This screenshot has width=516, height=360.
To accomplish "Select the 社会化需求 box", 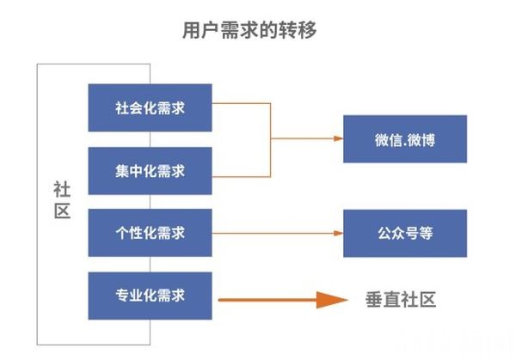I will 150,107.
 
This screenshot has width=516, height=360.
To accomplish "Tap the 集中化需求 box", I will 150,170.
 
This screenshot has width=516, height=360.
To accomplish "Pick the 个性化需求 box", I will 150,233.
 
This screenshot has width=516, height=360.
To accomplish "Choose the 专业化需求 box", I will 150,296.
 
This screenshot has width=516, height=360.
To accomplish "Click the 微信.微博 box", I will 404,138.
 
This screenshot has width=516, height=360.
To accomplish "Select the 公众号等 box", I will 404,233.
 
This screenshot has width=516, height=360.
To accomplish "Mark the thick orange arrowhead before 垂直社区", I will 329,300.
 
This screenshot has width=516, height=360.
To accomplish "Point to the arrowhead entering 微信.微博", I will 336,138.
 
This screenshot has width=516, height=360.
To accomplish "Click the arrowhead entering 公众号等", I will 336,233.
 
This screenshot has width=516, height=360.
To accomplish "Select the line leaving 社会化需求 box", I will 241,103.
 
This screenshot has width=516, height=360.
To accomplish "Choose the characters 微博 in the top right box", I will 422,138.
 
